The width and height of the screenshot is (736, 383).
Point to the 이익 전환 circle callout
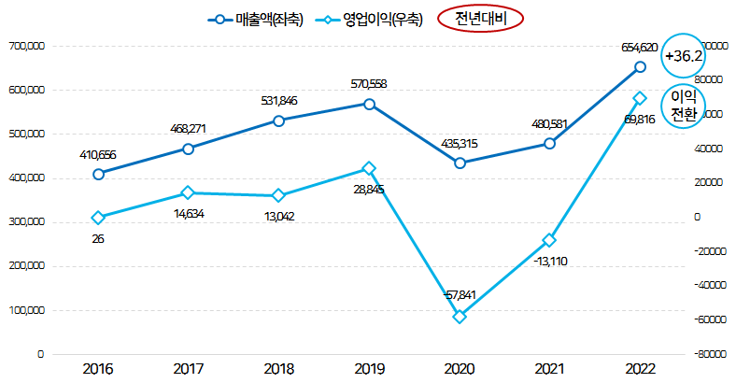tap(684, 106)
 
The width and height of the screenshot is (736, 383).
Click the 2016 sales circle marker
tap(98, 174)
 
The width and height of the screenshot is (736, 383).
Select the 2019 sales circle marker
tap(369, 104)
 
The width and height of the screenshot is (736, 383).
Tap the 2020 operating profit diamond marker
tap(460, 317)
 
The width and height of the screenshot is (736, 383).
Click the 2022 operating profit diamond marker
tap(640, 98)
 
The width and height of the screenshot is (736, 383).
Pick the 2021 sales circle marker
tap(549, 144)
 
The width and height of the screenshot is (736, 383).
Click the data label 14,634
tap(189, 213)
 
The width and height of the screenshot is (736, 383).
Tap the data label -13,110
tap(549, 261)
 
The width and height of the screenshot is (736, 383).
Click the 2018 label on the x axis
tap(278, 369)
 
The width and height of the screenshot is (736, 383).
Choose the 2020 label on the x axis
tap(460, 369)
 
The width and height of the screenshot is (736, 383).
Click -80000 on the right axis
tap(709, 355)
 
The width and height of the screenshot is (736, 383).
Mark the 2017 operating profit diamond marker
tap(188, 192)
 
